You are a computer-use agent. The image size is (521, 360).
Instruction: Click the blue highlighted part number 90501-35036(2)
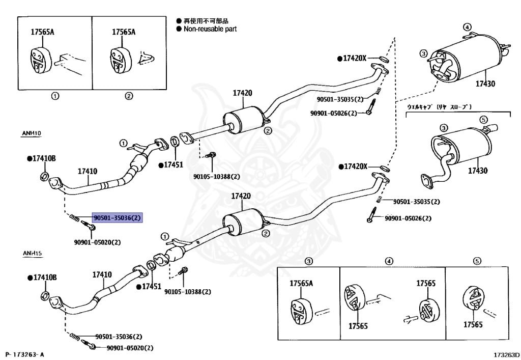pos(117,218)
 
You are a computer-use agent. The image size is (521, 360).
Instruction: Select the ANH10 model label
pos(31,133)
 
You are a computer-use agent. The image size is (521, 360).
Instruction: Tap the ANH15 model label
pos(31,253)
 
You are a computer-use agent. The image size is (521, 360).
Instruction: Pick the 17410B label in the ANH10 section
pos(41,159)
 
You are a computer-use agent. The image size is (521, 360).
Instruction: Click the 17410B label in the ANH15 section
pos(41,278)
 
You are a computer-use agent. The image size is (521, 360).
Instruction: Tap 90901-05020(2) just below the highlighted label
pos(98,242)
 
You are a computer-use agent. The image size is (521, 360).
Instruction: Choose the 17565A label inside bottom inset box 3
pos(301,283)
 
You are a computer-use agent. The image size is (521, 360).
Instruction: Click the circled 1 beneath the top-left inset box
pos(55,96)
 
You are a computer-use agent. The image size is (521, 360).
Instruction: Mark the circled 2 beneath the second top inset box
pos(129,96)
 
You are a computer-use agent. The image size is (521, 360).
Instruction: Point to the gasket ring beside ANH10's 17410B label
pos(44,177)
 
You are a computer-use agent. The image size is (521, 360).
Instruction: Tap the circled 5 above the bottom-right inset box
pos(477,261)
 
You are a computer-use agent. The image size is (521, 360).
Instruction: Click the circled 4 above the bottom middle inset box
pos(389,261)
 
